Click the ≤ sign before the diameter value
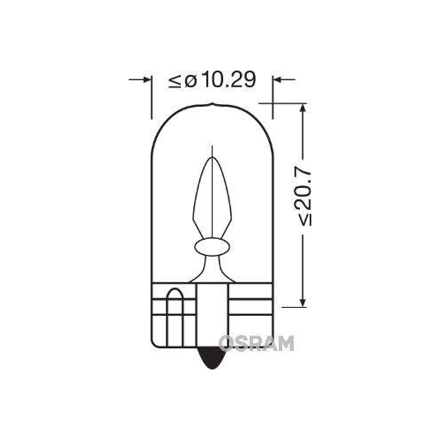coord(174,81)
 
